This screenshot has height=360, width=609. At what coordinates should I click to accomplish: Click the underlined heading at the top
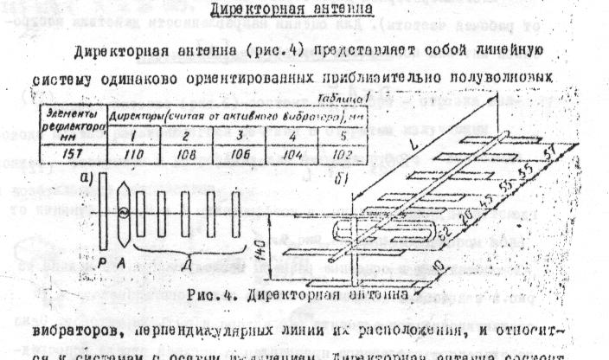coord(310,11)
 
